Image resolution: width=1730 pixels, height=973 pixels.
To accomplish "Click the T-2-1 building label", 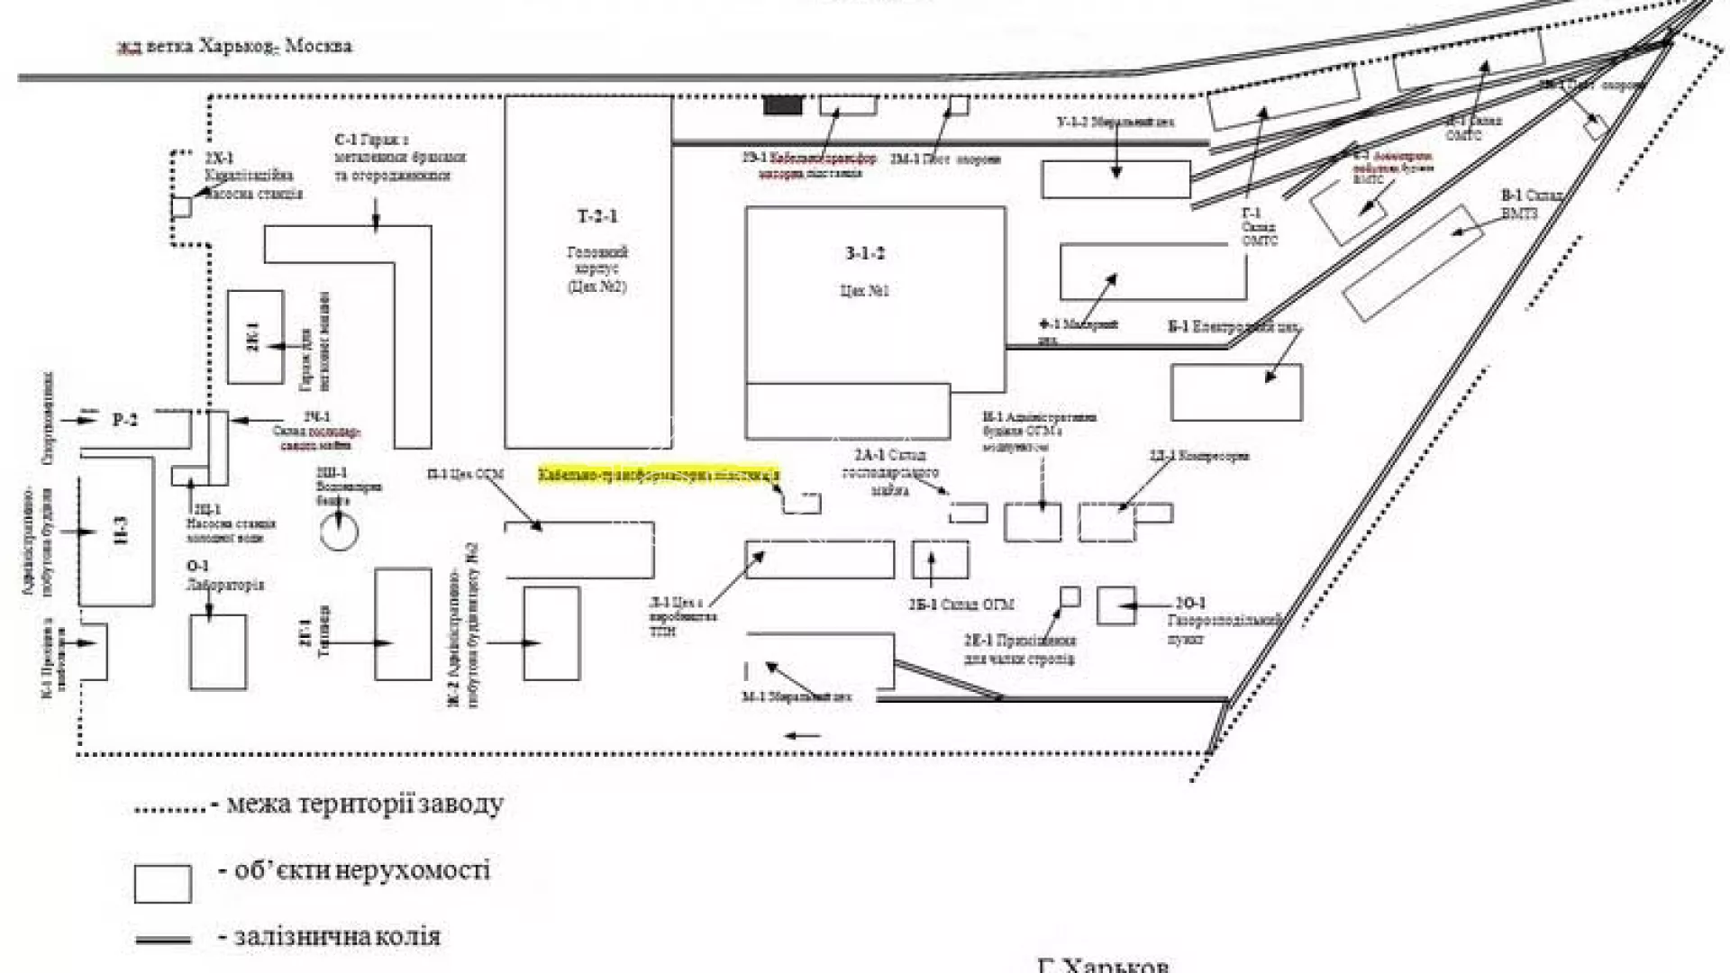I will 597,216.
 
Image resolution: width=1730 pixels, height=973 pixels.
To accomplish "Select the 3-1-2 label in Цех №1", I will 864,253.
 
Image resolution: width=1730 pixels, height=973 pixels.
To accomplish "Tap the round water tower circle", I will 339,532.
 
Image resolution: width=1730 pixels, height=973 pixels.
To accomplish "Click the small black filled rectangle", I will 782,105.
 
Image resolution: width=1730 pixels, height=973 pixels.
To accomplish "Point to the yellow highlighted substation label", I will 659,475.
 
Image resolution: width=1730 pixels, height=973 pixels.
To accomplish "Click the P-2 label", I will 125,420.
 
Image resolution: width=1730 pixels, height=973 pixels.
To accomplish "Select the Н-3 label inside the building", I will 120,530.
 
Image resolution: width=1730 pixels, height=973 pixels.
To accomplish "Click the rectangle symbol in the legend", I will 163,884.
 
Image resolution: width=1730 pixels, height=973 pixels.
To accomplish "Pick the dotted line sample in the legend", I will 170,809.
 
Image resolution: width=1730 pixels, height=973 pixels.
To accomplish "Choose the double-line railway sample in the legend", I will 163,940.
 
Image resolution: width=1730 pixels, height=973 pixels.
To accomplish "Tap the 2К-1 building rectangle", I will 255,337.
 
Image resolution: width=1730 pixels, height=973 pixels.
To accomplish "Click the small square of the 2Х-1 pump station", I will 181,207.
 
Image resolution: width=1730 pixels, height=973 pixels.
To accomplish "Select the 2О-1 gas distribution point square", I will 1115,605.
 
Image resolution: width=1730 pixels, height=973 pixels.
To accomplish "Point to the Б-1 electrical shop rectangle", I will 1236,392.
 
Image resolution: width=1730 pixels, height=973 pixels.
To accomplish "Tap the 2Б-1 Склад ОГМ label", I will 961,605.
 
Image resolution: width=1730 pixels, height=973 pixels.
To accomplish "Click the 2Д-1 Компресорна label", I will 1199,456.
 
